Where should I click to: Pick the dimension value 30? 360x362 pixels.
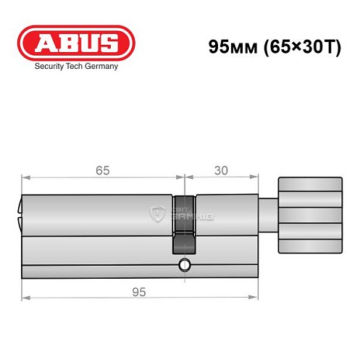pos(222,171)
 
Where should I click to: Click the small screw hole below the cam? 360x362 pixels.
pos(185,265)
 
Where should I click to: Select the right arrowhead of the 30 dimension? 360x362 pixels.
pos(254,176)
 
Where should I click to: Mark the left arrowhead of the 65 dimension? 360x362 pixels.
pos(25,176)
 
